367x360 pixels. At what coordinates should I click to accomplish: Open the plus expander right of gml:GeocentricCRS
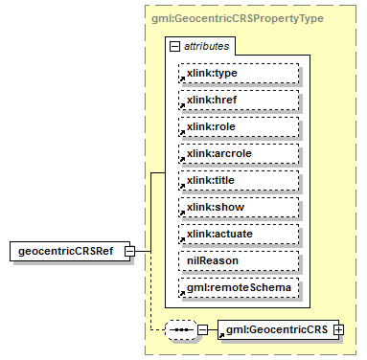coord(337,330)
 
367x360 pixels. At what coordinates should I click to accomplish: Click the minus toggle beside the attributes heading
coord(174,45)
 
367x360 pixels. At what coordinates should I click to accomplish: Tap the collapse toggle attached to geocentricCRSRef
coord(142,251)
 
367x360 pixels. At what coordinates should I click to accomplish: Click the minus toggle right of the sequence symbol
coord(202,330)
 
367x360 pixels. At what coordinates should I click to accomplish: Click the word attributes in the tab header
coord(206,45)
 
